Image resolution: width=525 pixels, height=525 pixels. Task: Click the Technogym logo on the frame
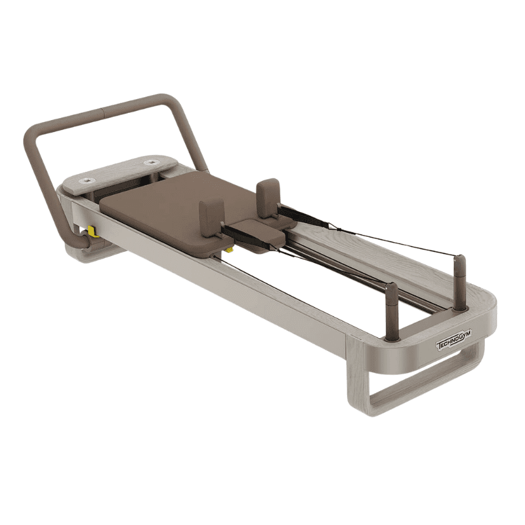tap(453, 339)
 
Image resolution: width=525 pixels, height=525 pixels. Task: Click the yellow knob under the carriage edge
tap(229, 249)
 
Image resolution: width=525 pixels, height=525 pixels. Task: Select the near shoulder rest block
tap(211, 217)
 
